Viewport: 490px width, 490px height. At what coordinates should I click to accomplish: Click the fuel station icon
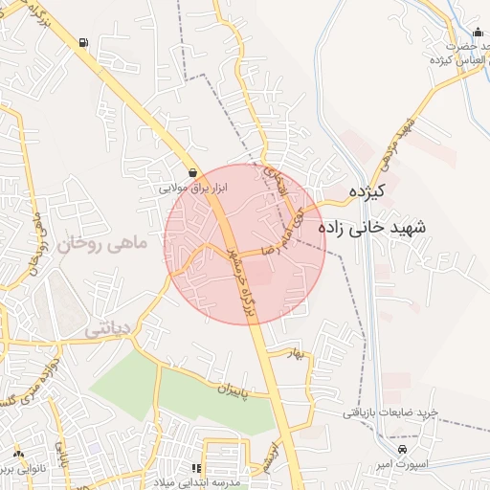pyautogui.click(x=85, y=42)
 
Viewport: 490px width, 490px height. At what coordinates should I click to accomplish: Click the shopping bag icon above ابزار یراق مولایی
pyautogui.click(x=194, y=173)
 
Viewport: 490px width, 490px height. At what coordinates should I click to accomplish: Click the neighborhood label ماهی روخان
pyautogui.click(x=103, y=246)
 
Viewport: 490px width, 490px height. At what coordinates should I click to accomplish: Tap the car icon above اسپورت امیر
pyautogui.click(x=403, y=448)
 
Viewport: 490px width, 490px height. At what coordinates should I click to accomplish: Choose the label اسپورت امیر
pyautogui.click(x=402, y=463)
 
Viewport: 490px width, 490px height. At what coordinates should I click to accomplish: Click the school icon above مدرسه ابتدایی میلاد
pyautogui.click(x=195, y=469)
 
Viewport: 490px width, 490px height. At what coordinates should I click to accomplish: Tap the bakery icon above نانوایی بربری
pyautogui.click(x=17, y=452)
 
